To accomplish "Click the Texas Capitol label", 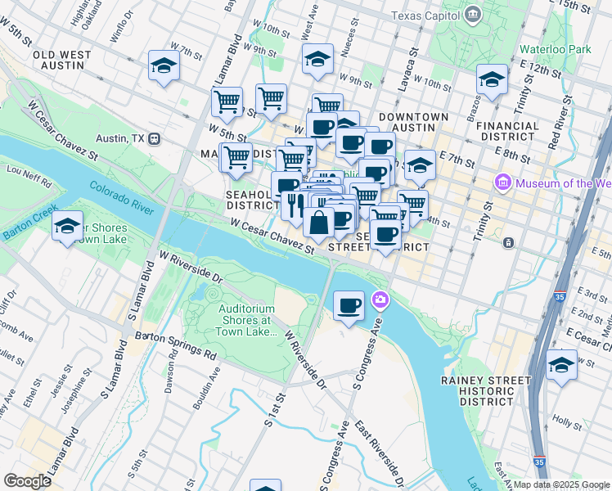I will (425, 16).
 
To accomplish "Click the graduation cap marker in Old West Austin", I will (164, 65).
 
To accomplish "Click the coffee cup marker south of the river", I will (349, 306).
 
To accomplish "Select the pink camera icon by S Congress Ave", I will (379, 300).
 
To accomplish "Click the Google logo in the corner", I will (28, 480).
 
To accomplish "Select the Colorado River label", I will (121, 197).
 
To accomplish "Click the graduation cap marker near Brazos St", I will (492, 79).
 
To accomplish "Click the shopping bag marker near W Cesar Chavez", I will (317, 221).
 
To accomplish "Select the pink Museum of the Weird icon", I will (503, 182).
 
